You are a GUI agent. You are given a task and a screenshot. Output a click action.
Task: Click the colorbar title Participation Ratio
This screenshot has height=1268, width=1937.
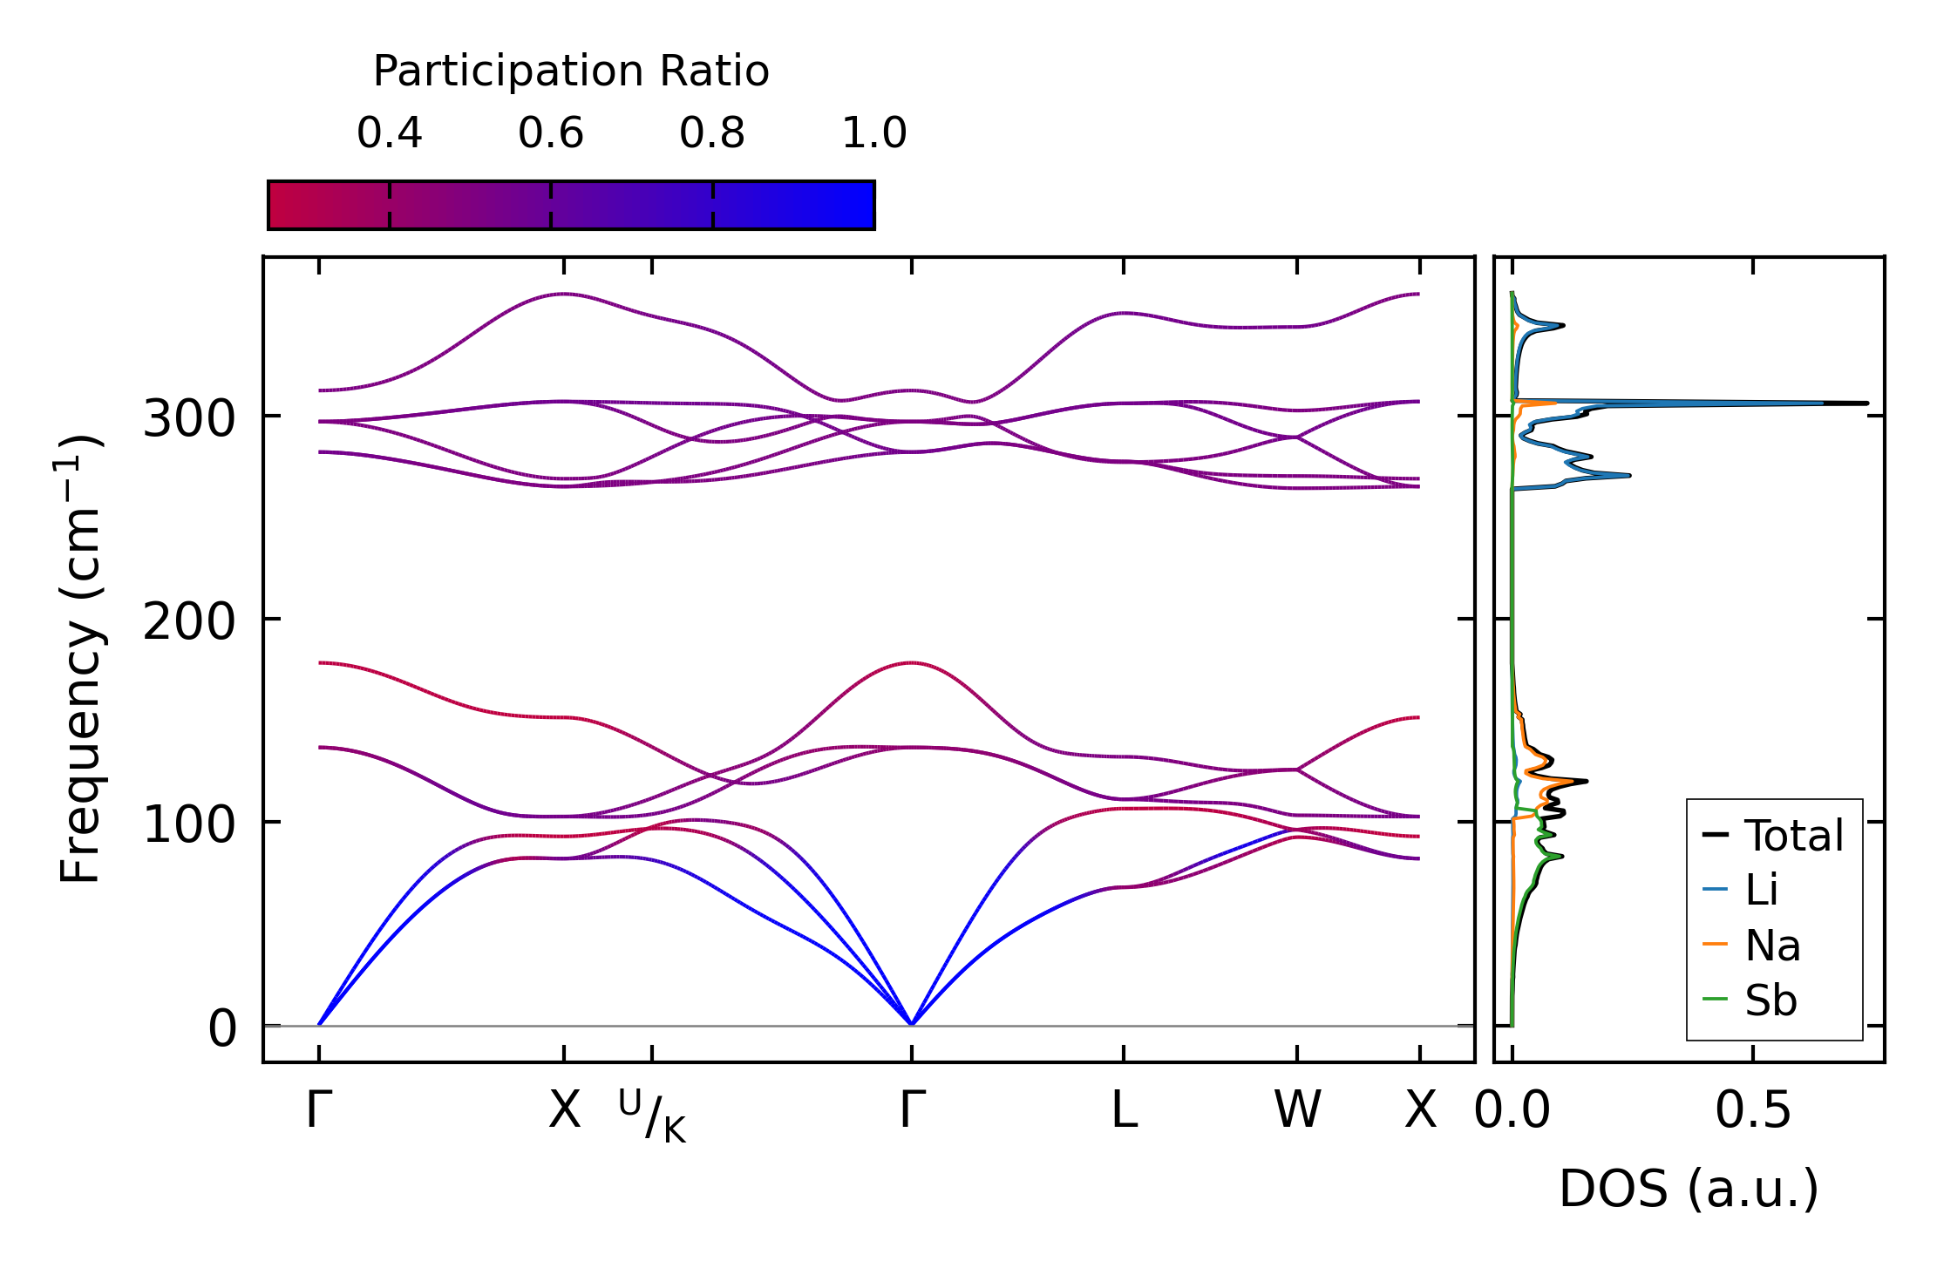point(571,71)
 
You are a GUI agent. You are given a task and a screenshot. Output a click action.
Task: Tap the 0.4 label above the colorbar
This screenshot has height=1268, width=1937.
point(389,133)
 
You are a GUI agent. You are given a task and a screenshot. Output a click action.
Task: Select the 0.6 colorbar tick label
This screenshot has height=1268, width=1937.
point(550,133)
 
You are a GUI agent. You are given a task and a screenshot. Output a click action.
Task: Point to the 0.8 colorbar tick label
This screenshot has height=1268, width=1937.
point(712,133)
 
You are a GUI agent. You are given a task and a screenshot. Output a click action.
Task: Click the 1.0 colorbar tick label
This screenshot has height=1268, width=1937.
point(874,133)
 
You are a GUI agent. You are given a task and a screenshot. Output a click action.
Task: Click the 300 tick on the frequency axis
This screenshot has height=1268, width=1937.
point(189,419)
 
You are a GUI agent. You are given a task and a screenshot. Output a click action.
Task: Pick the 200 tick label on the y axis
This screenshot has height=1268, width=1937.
point(189,622)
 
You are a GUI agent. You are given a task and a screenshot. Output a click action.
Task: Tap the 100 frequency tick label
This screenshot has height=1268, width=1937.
point(189,825)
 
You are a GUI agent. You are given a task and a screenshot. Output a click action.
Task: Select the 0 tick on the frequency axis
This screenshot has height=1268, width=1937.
point(221,1028)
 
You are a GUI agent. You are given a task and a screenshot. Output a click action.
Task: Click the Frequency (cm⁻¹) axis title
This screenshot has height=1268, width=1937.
point(80,659)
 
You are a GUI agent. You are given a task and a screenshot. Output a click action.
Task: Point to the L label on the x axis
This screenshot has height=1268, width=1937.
point(1124,1110)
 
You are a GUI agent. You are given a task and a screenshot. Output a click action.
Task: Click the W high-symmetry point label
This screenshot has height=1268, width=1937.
point(1297,1110)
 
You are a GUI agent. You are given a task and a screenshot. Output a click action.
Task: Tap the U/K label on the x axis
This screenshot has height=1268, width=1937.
point(652,1116)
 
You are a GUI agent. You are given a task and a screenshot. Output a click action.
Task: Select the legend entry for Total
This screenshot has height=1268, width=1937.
point(1773,835)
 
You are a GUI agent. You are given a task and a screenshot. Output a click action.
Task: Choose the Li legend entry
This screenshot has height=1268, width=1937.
point(1740,890)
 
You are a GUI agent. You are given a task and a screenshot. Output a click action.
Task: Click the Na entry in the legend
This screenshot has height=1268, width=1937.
point(1751,945)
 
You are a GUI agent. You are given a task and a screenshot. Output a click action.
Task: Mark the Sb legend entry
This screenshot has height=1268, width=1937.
point(1750,1000)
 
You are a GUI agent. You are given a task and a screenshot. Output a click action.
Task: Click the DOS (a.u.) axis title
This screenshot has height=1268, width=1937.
point(1689,1189)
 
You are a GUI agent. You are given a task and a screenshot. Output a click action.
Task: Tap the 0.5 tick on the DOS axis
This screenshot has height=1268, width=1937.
point(1753,1110)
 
